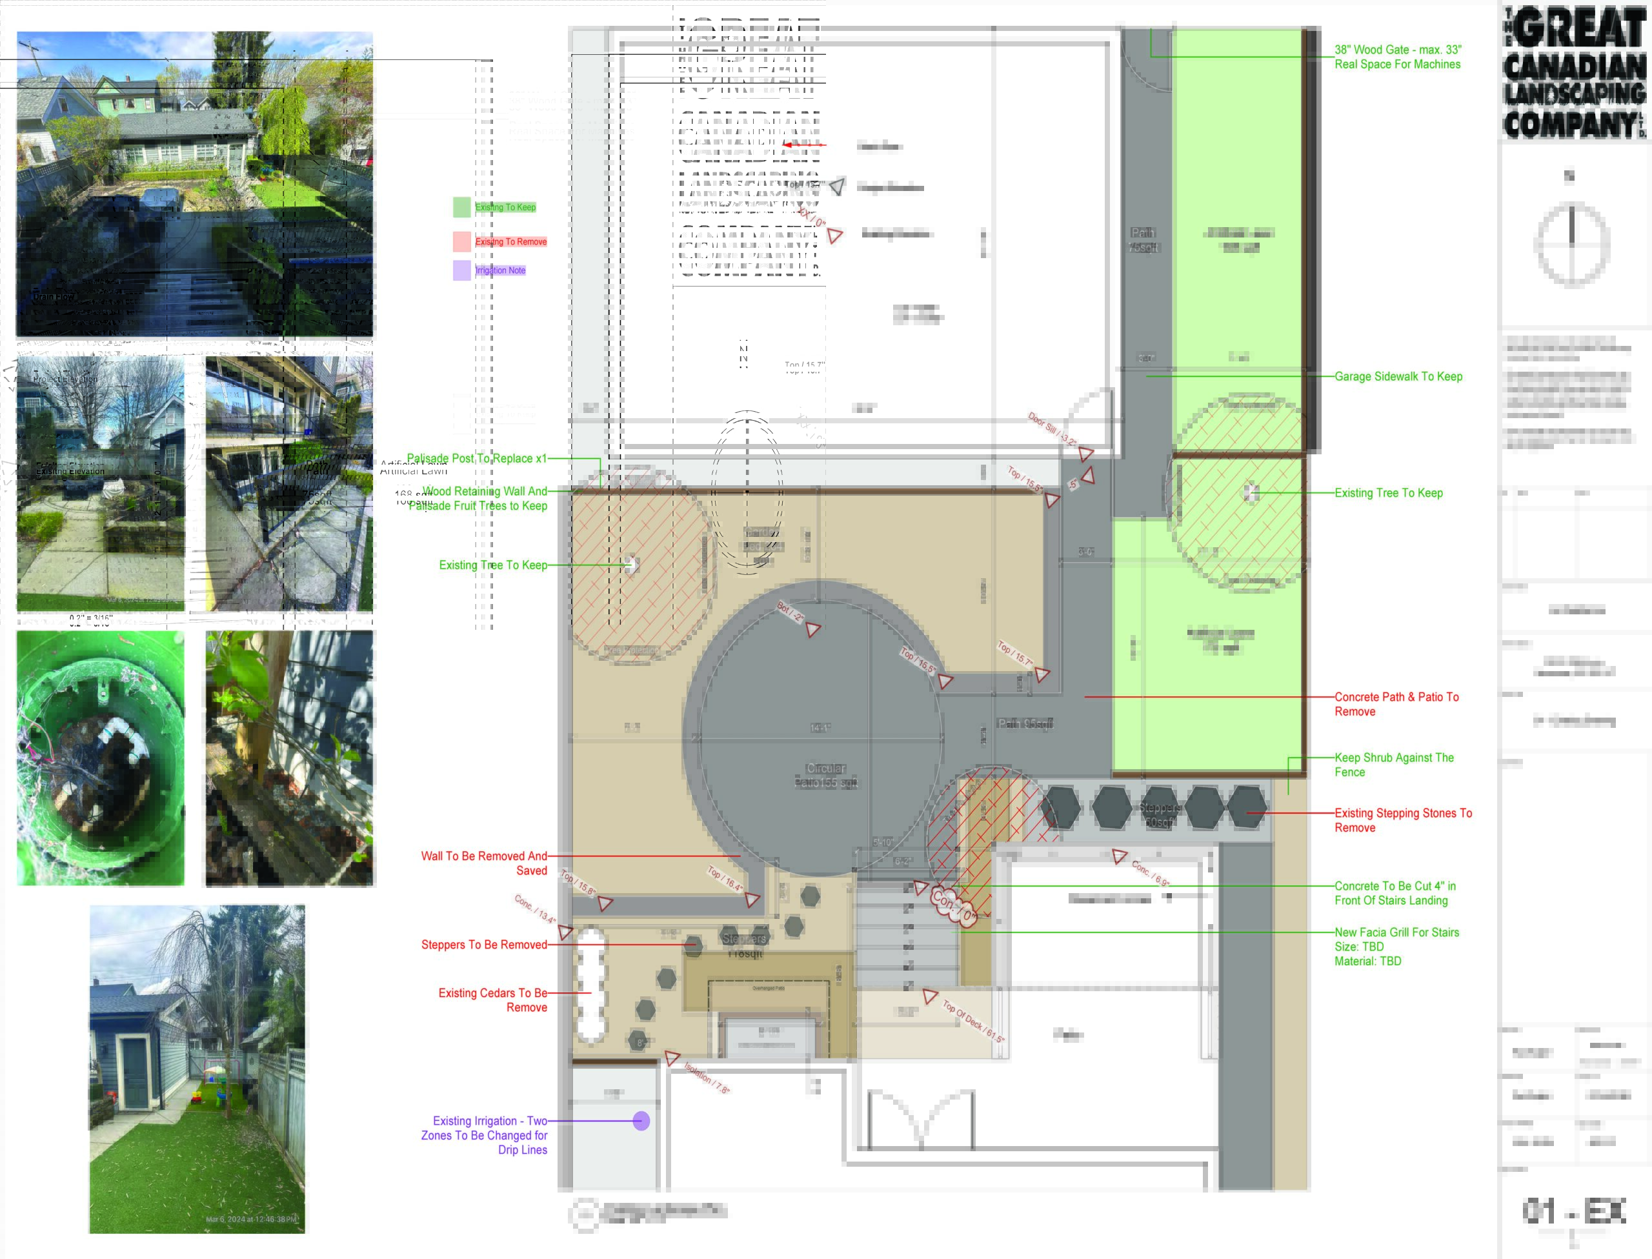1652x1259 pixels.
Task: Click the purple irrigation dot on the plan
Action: [641, 1120]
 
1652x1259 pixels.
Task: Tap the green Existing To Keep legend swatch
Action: [461, 207]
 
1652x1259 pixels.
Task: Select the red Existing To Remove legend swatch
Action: [461, 241]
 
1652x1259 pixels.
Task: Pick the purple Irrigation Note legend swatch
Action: [461, 270]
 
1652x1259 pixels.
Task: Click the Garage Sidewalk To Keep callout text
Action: [1398, 376]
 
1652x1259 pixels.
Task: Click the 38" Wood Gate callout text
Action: [1397, 57]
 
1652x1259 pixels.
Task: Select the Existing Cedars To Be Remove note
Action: [492, 1000]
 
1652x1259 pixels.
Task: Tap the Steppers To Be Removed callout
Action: [484, 944]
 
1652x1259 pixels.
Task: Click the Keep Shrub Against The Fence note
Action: [1393, 765]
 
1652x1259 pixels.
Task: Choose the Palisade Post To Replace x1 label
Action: [476, 458]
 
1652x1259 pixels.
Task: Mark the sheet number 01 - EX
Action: [1573, 1211]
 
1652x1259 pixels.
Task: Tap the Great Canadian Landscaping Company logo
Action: [1573, 74]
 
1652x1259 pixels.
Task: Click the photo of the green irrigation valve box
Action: [101, 758]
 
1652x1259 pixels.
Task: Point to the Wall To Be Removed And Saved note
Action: [484, 863]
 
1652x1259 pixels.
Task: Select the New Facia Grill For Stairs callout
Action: [1396, 946]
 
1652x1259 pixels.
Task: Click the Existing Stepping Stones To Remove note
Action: [1402, 820]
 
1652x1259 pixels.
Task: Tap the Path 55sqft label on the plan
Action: [1025, 723]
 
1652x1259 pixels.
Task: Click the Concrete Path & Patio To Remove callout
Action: [1396, 703]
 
